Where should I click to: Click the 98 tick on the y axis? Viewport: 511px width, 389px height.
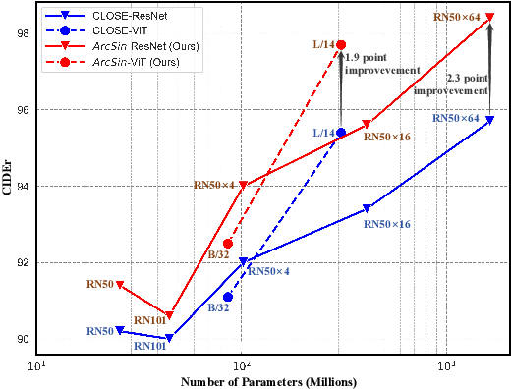pyautogui.click(x=25, y=32)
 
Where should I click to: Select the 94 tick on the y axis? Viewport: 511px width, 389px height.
pyautogui.click(x=25, y=186)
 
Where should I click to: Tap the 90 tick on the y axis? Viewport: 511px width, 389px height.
pyautogui.click(x=25, y=339)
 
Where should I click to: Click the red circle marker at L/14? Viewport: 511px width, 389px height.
pyautogui.click(x=341, y=44)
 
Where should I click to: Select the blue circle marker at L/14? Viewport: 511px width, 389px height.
pyautogui.click(x=341, y=133)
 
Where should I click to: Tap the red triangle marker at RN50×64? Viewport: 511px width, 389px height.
pyautogui.click(x=490, y=17)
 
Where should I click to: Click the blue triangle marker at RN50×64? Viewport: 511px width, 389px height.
pyautogui.click(x=490, y=120)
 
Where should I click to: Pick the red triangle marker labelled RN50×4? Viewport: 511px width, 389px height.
pyautogui.click(x=243, y=185)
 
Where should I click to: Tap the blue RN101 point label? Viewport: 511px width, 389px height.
pyautogui.click(x=149, y=346)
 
